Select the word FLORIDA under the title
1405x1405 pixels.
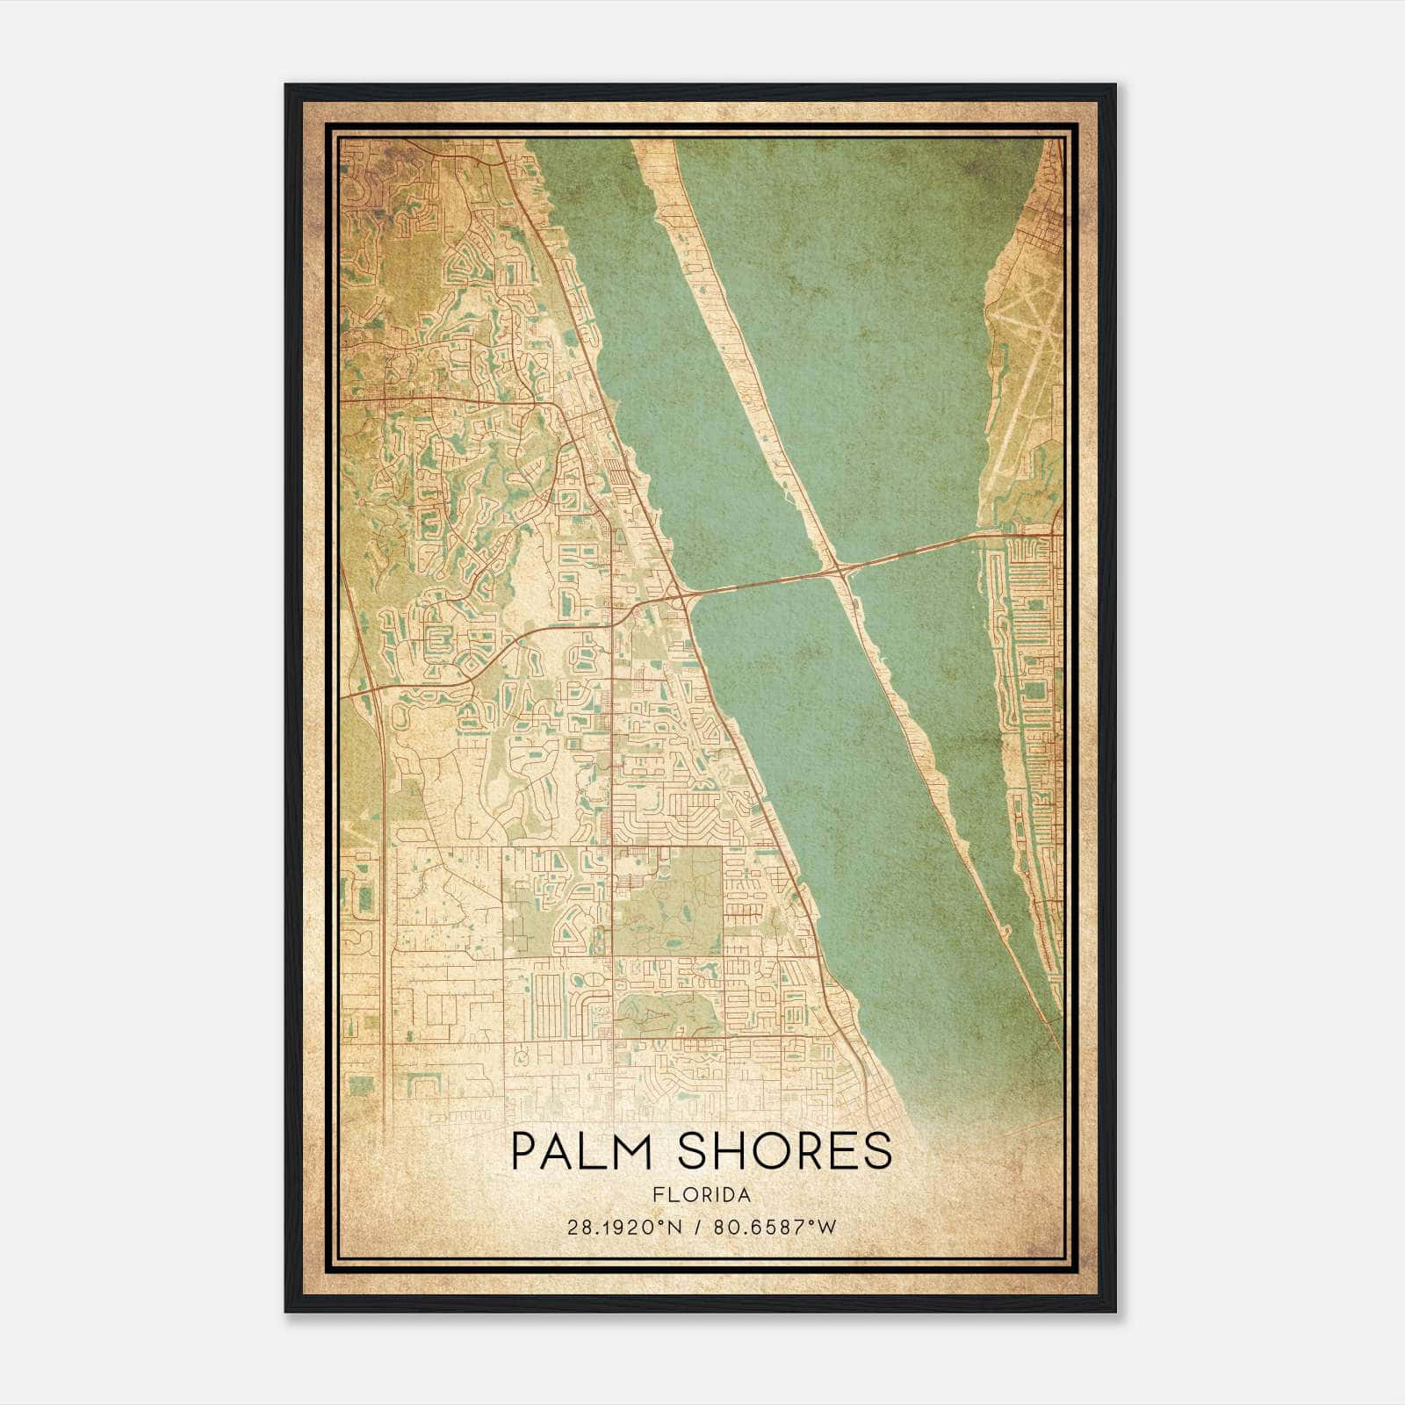(x=702, y=1195)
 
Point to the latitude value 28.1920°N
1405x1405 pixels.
(x=623, y=1227)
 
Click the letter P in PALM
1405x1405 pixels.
(x=524, y=1151)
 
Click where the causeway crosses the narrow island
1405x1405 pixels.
(x=840, y=571)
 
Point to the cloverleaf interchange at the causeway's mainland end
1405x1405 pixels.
(x=681, y=595)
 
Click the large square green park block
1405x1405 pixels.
(x=666, y=900)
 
